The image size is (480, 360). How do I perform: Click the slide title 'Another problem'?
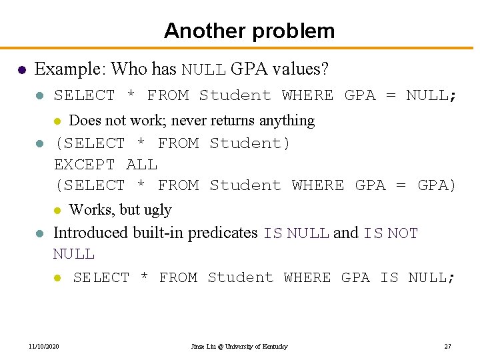[249, 31]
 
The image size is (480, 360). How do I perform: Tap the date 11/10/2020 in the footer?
[44, 347]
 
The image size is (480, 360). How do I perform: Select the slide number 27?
[447, 347]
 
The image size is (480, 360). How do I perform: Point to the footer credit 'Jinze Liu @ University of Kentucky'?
[239, 347]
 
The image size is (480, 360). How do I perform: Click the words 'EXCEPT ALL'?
[105, 164]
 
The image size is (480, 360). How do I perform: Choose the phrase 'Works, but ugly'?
[121, 209]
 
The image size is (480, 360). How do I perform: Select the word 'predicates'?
[223, 233]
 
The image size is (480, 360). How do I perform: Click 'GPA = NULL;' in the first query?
[401, 95]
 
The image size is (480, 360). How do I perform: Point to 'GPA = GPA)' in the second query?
[406, 185]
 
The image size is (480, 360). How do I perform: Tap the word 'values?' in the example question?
[303, 69]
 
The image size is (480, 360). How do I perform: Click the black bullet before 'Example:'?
[21, 69]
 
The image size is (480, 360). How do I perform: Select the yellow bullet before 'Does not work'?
[57, 121]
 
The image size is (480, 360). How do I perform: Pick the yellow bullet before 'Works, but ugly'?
[57, 211]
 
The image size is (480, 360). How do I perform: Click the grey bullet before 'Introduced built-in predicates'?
[39, 233]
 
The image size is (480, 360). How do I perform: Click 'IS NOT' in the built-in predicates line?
[391, 233]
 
